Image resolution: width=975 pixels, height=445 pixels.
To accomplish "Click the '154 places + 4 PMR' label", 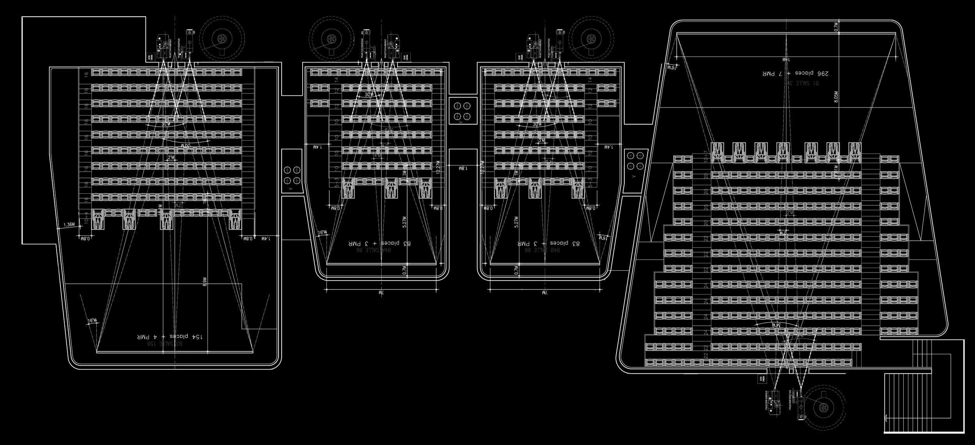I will [x=172, y=336].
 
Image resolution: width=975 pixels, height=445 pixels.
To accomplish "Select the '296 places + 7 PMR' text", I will [x=792, y=73].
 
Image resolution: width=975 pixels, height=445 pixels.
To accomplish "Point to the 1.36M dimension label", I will [x=69, y=224].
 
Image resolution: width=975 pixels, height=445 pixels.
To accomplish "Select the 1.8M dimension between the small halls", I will [x=463, y=168].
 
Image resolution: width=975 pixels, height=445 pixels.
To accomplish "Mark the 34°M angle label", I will [x=774, y=324].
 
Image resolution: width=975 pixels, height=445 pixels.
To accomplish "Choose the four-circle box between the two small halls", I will [x=462, y=111].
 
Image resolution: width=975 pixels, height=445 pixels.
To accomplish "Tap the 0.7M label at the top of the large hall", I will [x=835, y=26].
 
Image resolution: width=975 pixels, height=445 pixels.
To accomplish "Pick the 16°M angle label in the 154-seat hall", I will [x=92, y=321].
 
